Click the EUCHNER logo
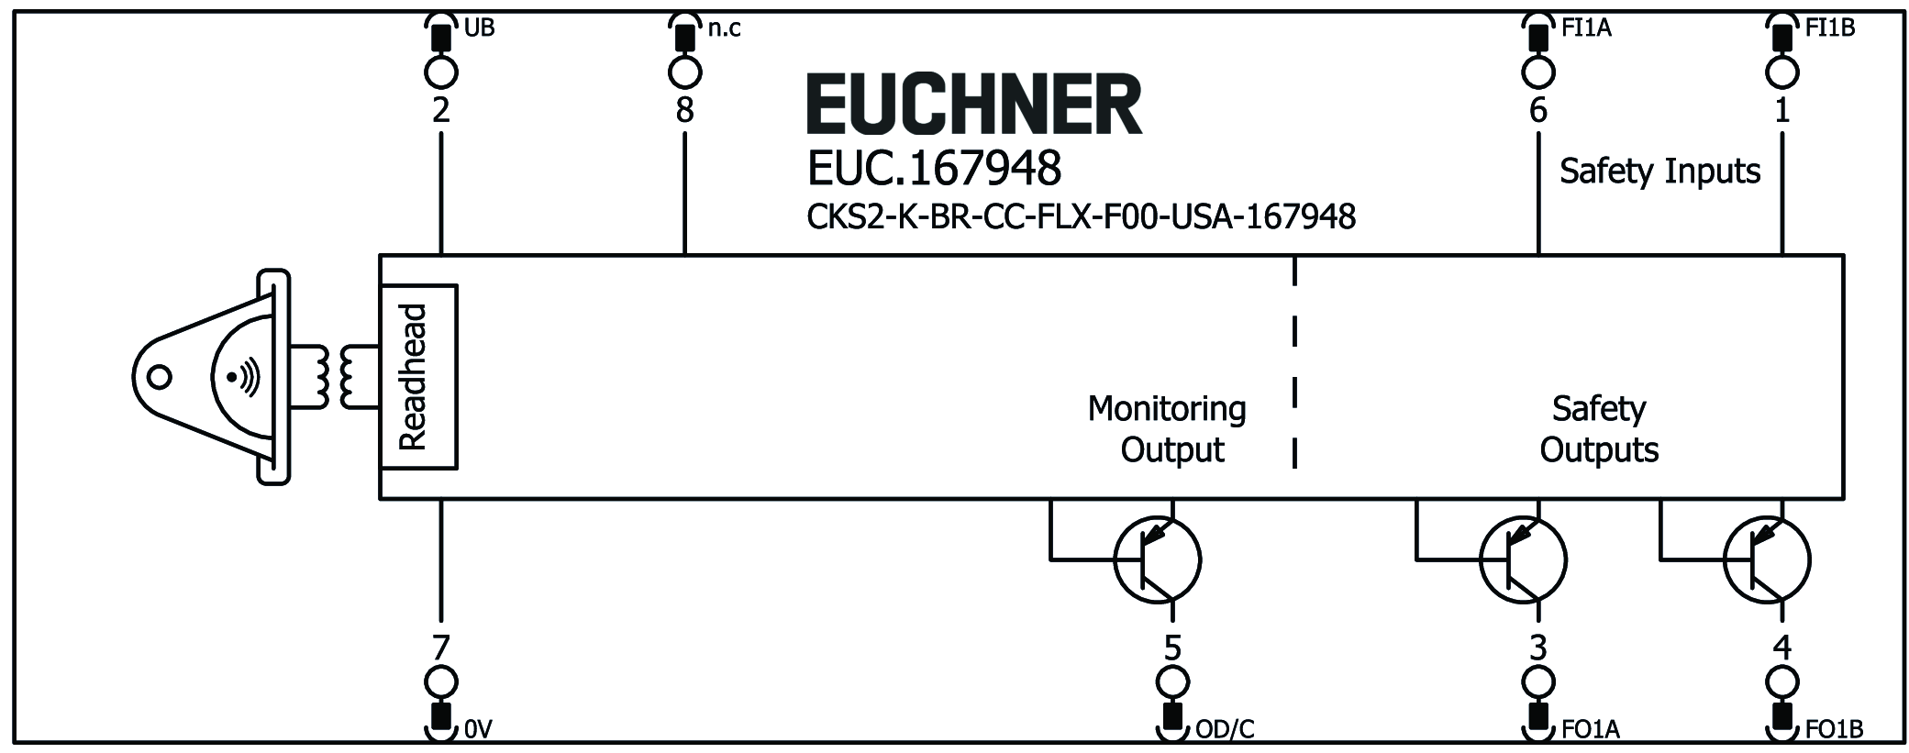pyautogui.click(x=973, y=105)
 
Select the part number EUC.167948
pyautogui.click(x=934, y=168)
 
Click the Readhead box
pyautogui.click(x=418, y=377)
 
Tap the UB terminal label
pyautogui.click(x=480, y=28)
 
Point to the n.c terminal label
pyautogui.click(x=724, y=28)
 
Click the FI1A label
pyautogui.click(x=1586, y=28)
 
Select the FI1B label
pyautogui.click(x=1830, y=28)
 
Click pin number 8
pyautogui.click(x=684, y=111)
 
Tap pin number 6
pyautogui.click(x=1538, y=111)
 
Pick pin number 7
pyautogui.click(x=440, y=648)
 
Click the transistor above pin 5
pyautogui.click(x=1157, y=559)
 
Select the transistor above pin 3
pyautogui.click(x=1523, y=559)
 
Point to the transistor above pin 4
pyautogui.click(x=1767, y=559)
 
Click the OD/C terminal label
pyautogui.click(x=1225, y=730)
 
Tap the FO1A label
pyautogui.click(x=1590, y=730)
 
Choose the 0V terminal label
pyautogui.click(x=479, y=730)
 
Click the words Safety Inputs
pyautogui.click(x=1659, y=172)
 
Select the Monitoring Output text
pyautogui.click(x=1167, y=429)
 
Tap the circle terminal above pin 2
pyautogui.click(x=440, y=71)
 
